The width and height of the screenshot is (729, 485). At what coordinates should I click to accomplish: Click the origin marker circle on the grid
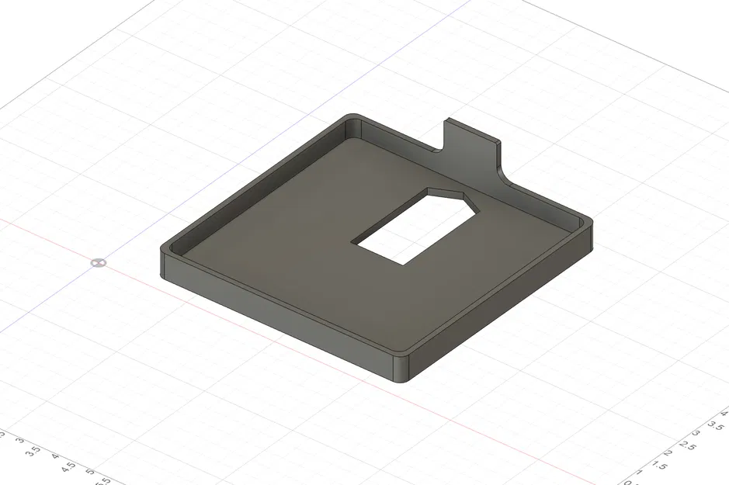[x=97, y=262]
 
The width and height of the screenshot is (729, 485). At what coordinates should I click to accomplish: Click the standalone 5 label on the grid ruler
[x=90, y=472]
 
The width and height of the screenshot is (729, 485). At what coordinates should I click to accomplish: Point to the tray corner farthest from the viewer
[x=351, y=118]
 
